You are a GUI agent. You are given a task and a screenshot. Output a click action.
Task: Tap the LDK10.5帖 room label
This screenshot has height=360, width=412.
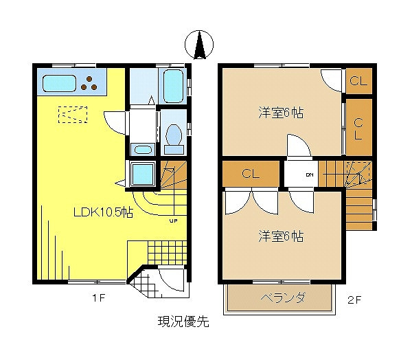pyautogui.click(x=103, y=213)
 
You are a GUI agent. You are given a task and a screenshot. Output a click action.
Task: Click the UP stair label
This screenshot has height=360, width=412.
pyautogui.click(x=173, y=221)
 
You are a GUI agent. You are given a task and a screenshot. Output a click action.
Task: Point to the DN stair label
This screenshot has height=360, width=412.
pyautogui.click(x=309, y=175)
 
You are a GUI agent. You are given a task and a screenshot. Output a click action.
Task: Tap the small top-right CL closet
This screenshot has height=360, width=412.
pyautogui.click(x=358, y=81)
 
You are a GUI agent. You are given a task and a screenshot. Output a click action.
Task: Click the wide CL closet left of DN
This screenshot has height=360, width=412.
pyautogui.click(x=251, y=174)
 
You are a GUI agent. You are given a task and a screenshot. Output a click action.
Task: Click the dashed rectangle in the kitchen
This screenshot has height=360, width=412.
pyautogui.click(x=72, y=113)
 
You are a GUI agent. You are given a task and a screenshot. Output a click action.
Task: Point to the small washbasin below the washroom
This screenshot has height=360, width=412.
pyautogui.click(x=143, y=148)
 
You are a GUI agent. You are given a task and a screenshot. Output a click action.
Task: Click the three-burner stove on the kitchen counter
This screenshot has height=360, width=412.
pyautogui.click(x=89, y=85)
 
